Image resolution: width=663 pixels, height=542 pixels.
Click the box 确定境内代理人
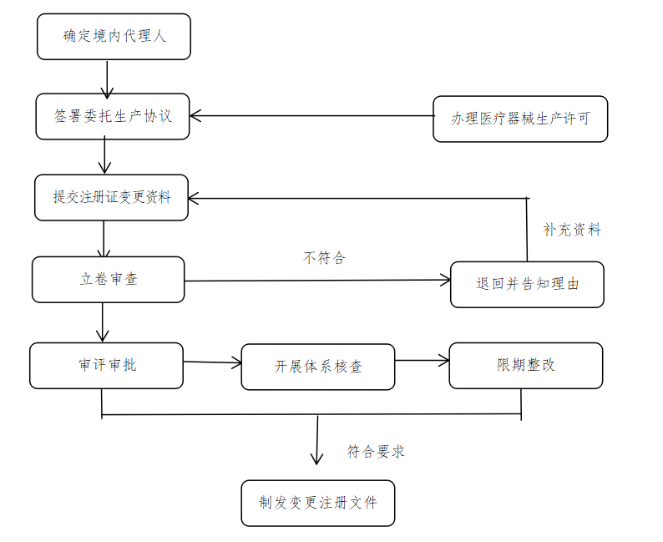114,37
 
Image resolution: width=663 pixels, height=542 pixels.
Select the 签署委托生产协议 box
113,116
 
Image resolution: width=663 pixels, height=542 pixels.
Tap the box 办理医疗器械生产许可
520,119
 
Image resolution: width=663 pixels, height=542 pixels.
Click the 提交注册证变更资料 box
111,197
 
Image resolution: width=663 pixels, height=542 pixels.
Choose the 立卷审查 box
108,279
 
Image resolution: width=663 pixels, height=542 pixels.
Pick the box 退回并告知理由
527,284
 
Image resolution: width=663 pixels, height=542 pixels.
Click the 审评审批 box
106,365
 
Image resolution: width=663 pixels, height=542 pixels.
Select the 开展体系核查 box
317,367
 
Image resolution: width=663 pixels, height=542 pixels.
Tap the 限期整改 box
525,365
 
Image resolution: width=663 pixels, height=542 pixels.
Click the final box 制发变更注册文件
317,503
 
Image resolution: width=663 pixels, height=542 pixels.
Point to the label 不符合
323,257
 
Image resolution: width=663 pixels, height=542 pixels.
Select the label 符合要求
376,452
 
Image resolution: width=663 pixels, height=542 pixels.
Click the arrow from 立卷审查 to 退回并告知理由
317,280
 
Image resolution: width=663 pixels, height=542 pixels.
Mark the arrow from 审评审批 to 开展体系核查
212,362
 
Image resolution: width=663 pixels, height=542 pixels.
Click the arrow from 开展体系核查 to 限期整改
422,361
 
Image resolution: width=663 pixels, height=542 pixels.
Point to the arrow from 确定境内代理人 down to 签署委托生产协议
107,79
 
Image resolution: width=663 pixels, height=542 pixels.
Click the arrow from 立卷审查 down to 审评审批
103,322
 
